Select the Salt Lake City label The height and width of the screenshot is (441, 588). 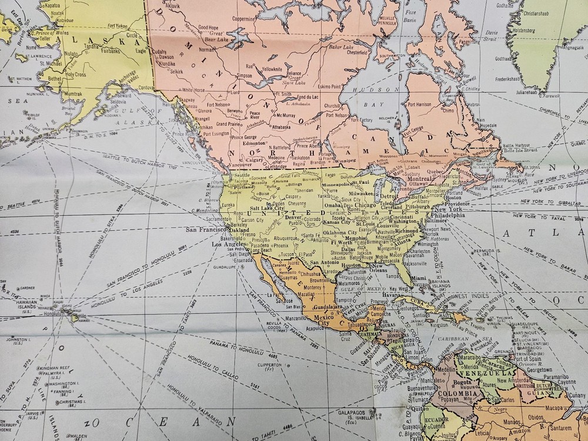pyautogui.click(x=267, y=209)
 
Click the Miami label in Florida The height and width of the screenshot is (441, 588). pyautogui.click(x=418, y=278)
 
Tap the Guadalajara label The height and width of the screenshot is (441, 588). pyautogui.click(x=328, y=306)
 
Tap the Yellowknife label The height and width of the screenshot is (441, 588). pyautogui.click(x=272, y=69)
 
